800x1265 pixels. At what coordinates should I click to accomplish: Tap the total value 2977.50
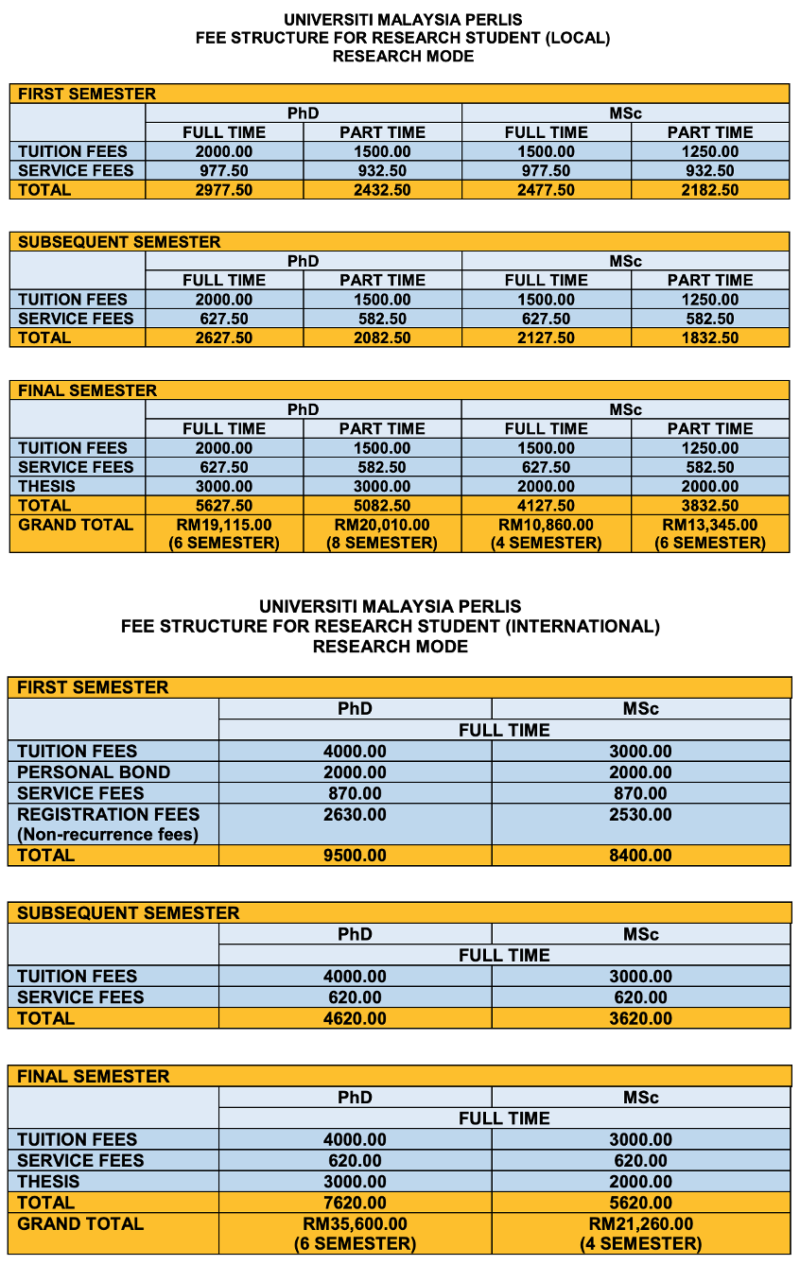[x=224, y=190]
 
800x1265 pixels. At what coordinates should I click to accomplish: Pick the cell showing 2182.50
[x=710, y=190]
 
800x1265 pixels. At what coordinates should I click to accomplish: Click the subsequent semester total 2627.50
[x=224, y=338]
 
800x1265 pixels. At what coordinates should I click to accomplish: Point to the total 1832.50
[x=710, y=338]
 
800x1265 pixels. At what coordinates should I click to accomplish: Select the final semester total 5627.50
[x=224, y=505]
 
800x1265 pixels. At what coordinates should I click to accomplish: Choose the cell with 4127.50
[x=546, y=505]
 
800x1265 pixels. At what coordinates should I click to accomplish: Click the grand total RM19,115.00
[x=224, y=525]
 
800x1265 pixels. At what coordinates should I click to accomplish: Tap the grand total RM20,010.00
[x=382, y=525]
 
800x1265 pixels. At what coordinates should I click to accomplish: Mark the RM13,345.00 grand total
[x=710, y=525]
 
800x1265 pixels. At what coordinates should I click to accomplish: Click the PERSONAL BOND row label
[x=94, y=771]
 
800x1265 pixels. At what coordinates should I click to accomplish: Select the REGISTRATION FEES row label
[x=109, y=814]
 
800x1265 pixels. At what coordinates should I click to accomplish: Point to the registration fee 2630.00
[x=355, y=814]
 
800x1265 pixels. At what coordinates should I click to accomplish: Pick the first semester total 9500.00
[x=355, y=856]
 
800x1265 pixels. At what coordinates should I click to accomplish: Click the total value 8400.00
[x=640, y=856]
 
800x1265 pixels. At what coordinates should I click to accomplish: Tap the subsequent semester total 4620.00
[x=355, y=1018]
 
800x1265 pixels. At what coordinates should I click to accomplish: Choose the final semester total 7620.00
[x=355, y=1203]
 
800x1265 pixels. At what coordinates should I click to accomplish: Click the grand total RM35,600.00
[x=355, y=1224]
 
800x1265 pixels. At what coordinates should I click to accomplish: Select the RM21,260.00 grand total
[x=640, y=1224]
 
